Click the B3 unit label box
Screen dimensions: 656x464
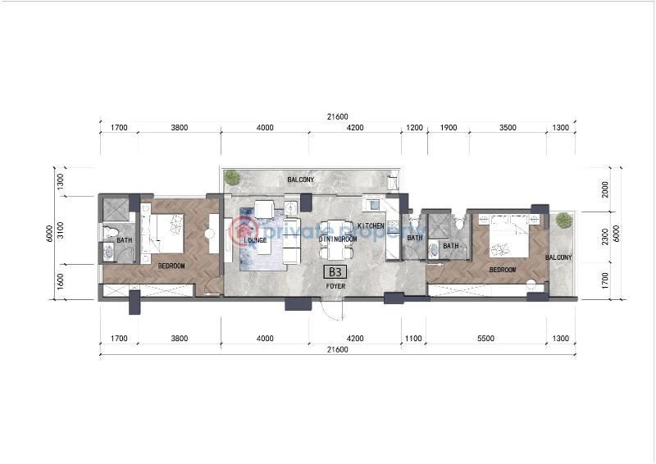pos(335,272)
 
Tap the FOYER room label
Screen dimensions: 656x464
pos(335,286)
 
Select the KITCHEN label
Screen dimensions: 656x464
pos(371,226)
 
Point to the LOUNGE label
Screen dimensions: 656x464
pos(255,240)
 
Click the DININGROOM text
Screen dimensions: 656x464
pos(338,239)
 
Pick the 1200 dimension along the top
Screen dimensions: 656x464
pos(415,128)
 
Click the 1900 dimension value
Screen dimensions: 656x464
pos(449,128)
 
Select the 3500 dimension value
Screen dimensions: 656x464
pos(508,128)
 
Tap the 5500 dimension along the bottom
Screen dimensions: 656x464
pos(485,338)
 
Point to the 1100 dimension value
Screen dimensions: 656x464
pos(413,338)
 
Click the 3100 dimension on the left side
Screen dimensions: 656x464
pos(60,230)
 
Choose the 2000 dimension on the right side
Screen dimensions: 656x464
pos(604,189)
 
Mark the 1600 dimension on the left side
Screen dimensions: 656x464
pos(60,281)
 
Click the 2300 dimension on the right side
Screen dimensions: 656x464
pos(604,236)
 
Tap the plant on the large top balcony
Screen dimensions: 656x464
pos(231,177)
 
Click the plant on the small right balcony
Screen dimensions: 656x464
pos(563,220)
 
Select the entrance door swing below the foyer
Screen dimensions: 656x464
pos(333,310)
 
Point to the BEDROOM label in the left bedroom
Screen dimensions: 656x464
pos(171,266)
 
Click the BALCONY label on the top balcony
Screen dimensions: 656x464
pos(301,180)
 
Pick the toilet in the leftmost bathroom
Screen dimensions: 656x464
pos(110,231)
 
